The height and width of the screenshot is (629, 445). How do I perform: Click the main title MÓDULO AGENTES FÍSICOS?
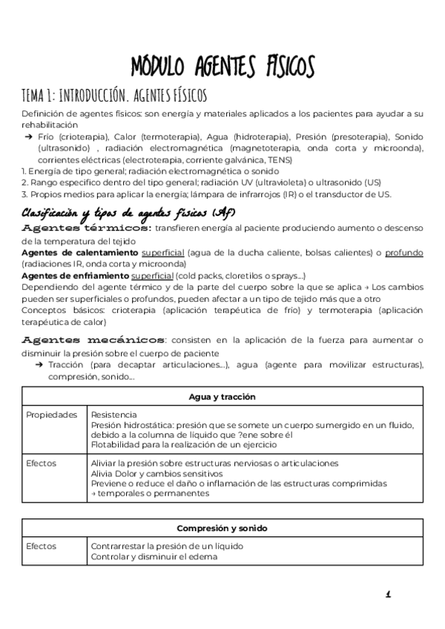pyautogui.click(x=222, y=66)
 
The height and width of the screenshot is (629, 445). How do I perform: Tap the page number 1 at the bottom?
pyautogui.click(x=388, y=594)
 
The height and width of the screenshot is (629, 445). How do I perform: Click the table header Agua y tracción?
pyautogui.click(x=222, y=397)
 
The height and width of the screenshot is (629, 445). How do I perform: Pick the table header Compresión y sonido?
pyautogui.click(x=222, y=528)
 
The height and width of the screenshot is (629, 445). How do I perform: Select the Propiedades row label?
pyautogui.click(x=51, y=415)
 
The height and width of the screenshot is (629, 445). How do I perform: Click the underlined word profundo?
pyautogui.click(x=403, y=253)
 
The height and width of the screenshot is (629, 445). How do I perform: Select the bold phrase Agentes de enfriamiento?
pyautogui.click(x=75, y=275)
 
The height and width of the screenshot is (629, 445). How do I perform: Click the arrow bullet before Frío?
pyautogui.click(x=28, y=137)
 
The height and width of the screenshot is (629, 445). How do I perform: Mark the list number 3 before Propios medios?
pyautogui.click(x=24, y=194)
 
